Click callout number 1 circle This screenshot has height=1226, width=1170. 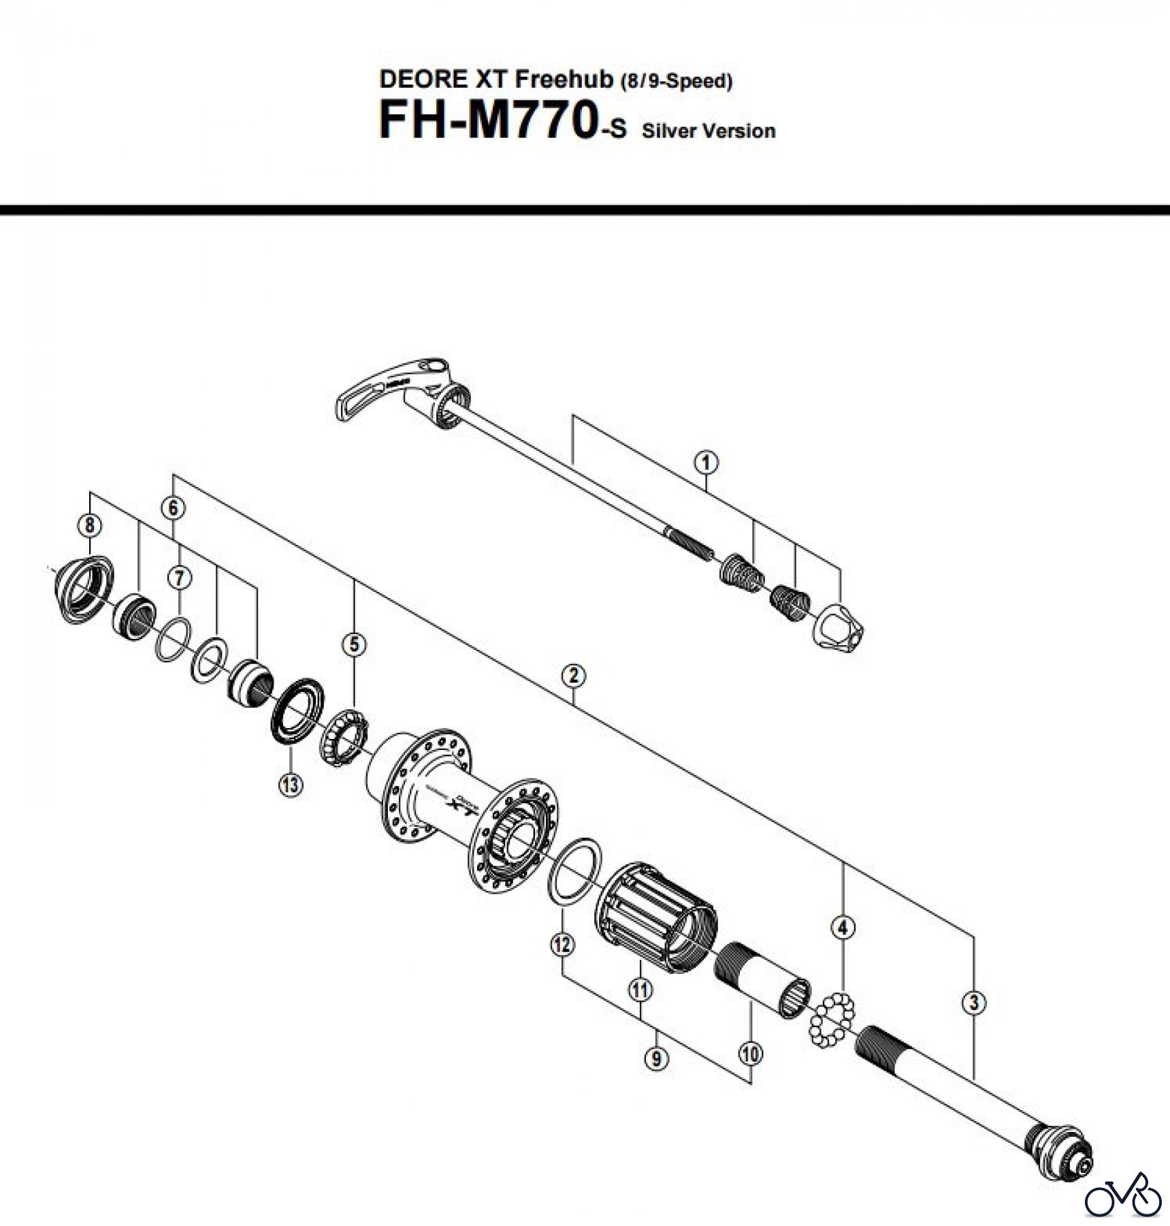coord(706,462)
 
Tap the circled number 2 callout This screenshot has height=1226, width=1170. coord(574,676)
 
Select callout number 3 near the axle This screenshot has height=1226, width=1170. coord(974,1003)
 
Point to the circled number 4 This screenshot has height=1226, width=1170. coord(843,927)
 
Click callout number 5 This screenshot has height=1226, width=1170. coord(354,644)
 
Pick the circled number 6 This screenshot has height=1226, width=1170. coord(173,507)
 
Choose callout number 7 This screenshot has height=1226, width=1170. coord(179,578)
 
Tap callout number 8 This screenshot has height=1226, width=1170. coord(90,525)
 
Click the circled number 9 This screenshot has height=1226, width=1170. coord(656,1058)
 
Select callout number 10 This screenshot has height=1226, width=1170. coord(750,1054)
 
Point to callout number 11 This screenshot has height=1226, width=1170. coord(640,989)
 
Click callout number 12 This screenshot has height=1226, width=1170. coord(562,945)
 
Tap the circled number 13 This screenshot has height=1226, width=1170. coord(291,785)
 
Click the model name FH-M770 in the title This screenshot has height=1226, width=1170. coord(487,121)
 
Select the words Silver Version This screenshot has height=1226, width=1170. coord(709,131)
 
